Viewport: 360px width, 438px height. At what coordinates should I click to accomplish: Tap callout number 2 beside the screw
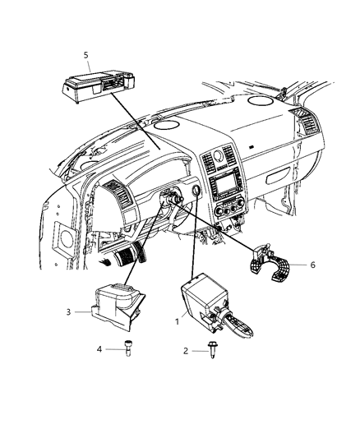click(184, 350)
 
